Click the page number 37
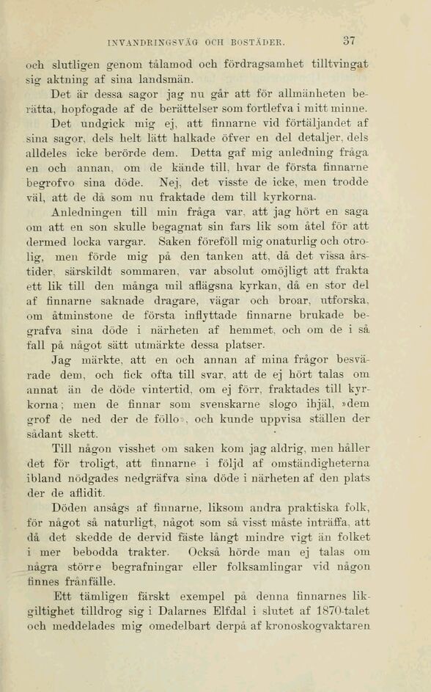point(348,41)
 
